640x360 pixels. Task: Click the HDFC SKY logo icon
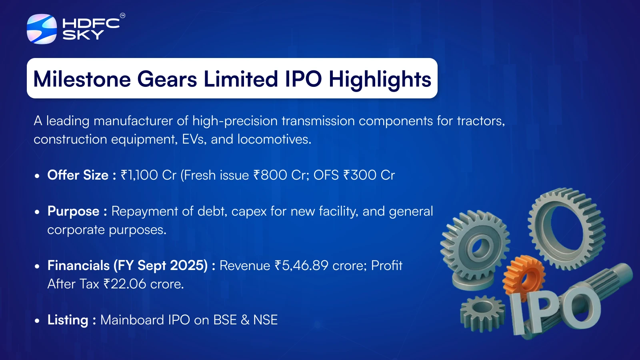pos(42,29)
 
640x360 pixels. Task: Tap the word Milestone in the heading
pos(82,79)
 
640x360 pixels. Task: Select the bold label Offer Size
pos(78,175)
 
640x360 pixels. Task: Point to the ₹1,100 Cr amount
pos(148,175)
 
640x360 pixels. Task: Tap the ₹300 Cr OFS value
pos(369,175)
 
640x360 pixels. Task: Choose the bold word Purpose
pos(74,212)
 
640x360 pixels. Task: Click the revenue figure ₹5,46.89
pos(302,266)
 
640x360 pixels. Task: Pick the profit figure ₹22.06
pos(125,284)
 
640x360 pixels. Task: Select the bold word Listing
pos(68,320)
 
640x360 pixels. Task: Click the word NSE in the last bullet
pos(266,320)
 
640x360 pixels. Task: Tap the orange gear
pos(524,277)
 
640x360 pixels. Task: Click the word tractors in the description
pos(481,121)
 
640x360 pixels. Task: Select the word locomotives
pos(274,139)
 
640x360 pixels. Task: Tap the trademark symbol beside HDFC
pos(122,16)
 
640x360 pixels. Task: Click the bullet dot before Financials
pos(37,266)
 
